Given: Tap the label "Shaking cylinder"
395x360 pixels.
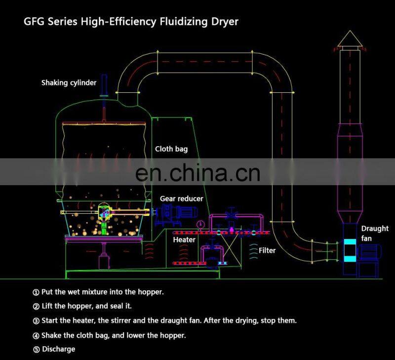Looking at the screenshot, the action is pyautogui.click(x=69, y=82).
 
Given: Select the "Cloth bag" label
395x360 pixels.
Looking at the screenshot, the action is pyautogui.click(x=171, y=149).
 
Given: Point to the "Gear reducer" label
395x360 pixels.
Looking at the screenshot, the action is pyautogui.click(x=181, y=199).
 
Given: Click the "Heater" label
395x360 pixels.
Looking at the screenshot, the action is pyautogui.click(x=184, y=240).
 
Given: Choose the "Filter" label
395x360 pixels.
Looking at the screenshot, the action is pyautogui.click(x=267, y=250).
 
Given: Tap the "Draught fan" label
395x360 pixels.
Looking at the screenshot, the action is pyautogui.click(x=374, y=233).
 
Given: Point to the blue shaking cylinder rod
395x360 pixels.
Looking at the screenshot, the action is pyautogui.click(x=104, y=87).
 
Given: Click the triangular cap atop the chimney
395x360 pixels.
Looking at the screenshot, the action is pyautogui.click(x=350, y=38).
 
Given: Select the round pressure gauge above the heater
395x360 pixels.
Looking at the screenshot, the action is pyautogui.click(x=200, y=225).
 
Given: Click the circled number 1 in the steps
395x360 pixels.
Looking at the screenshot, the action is pyautogui.click(x=36, y=292).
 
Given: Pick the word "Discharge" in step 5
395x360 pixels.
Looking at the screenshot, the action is pyautogui.click(x=58, y=349).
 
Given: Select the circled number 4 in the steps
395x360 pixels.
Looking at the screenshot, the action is pyautogui.click(x=36, y=335).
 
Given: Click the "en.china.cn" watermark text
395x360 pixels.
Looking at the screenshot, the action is pyautogui.click(x=197, y=172).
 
